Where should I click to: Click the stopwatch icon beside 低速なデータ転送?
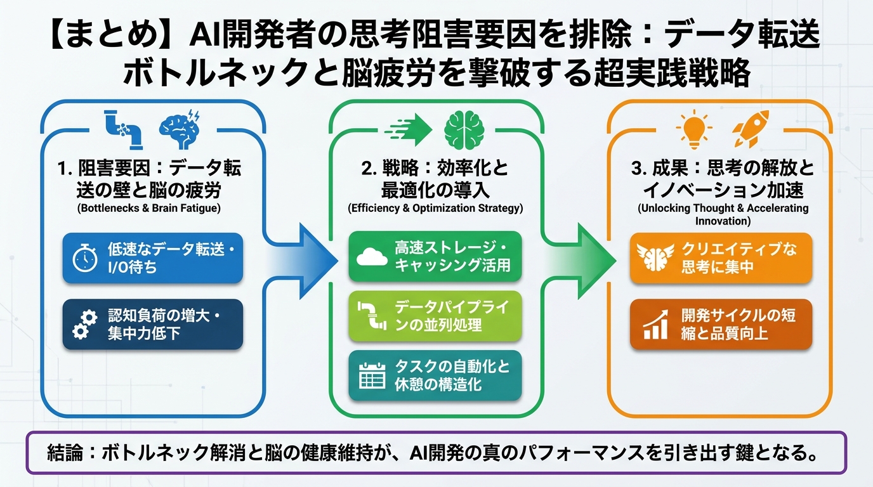pyautogui.click(x=85, y=258)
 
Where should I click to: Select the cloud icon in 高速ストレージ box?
pyautogui.click(x=372, y=256)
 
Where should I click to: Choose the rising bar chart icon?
pyautogui.click(x=654, y=324)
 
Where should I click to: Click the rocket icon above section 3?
pyautogui.click(x=751, y=128)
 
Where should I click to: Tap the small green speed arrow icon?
pyautogui.click(x=407, y=130)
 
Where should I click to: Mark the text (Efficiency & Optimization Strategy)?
pyautogui.click(x=435, y=208)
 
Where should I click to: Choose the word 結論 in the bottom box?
pyautogui.click(x=65, y=453)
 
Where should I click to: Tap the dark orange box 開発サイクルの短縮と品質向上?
pyautogui.click(x=720, y=324)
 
